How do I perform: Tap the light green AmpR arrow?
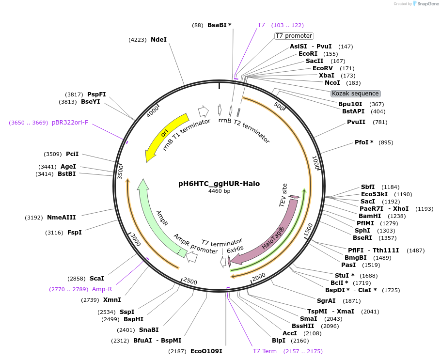coord(157,218)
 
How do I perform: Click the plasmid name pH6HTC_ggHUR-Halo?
coord(219,184)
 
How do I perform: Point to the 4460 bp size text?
coord(219,191)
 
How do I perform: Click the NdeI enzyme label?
coord(158,40)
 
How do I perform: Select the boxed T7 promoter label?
coord(294,36)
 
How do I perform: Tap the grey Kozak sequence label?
coord(355,94)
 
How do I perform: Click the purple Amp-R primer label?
coord(102,289)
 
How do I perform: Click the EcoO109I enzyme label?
coord(206,351)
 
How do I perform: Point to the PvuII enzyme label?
coord(356,122)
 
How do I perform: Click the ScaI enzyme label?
coord(97,279)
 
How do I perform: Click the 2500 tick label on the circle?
coord(190,282)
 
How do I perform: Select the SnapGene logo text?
coord(426,4)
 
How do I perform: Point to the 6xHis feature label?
coord(236,250)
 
